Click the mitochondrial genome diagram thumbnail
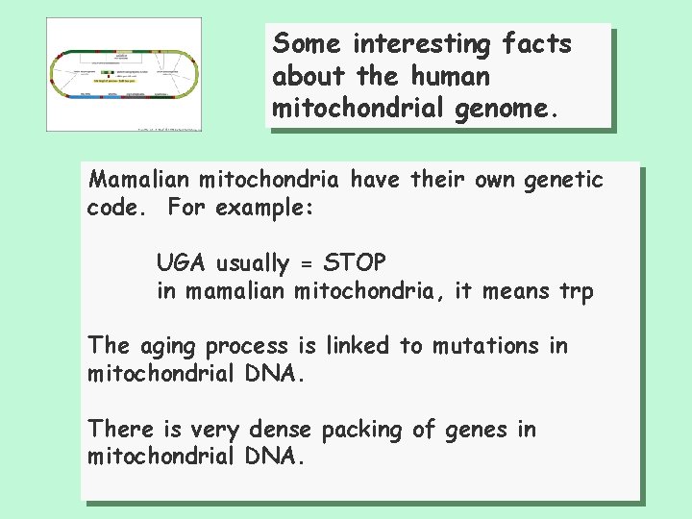[x=126, y=87]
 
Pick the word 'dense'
[x=284, y=430]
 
